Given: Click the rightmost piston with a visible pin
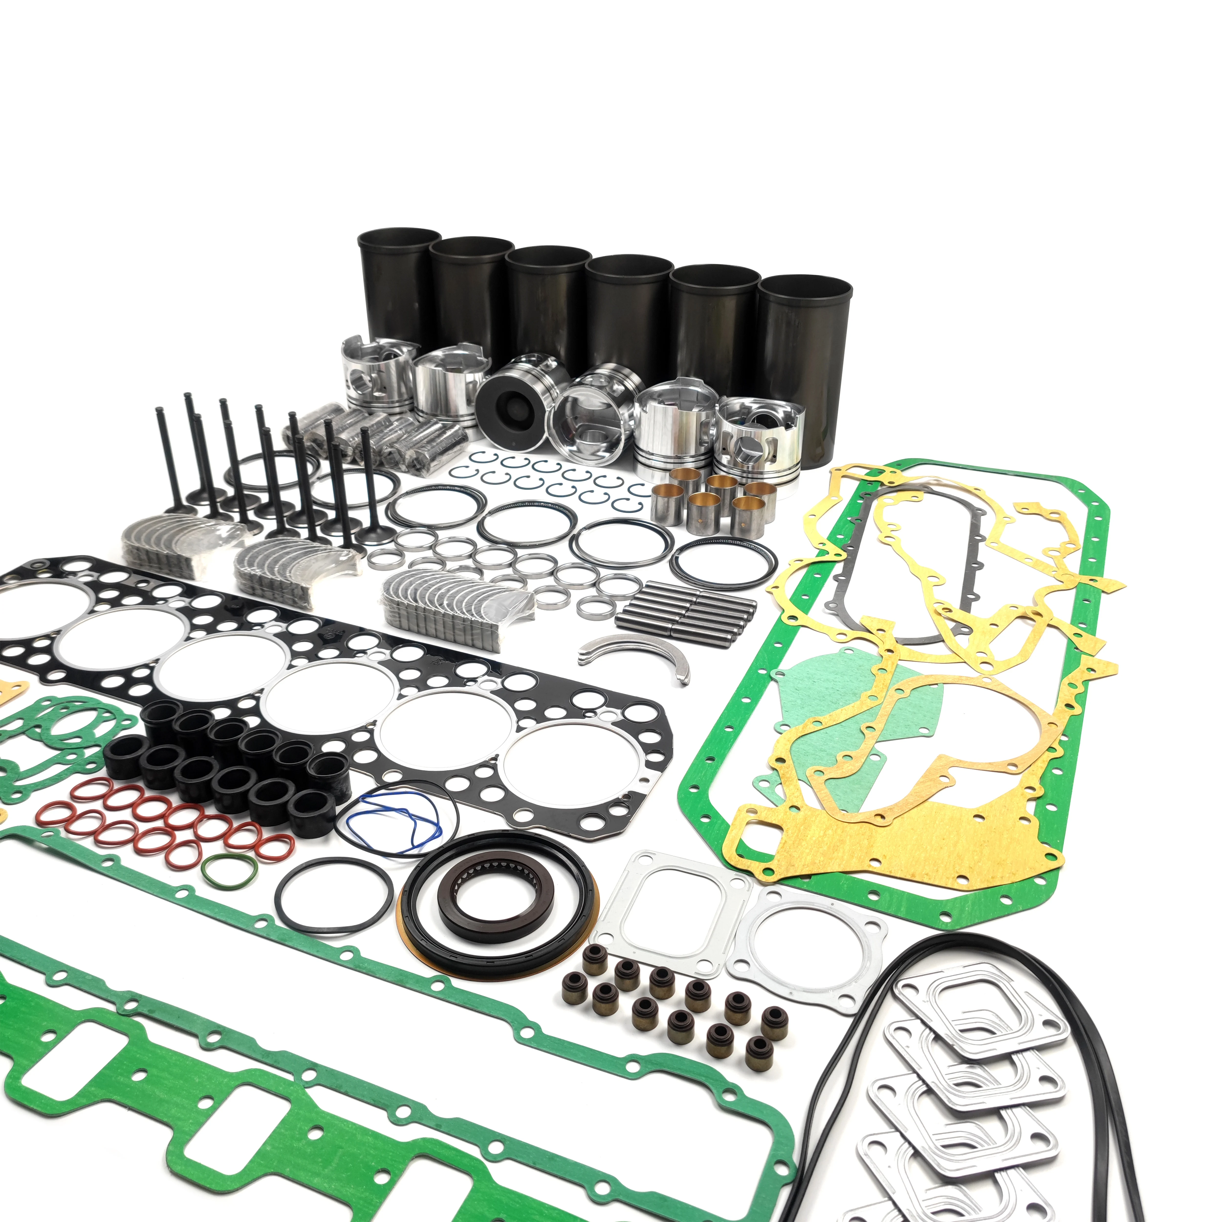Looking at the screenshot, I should click(759, 436).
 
